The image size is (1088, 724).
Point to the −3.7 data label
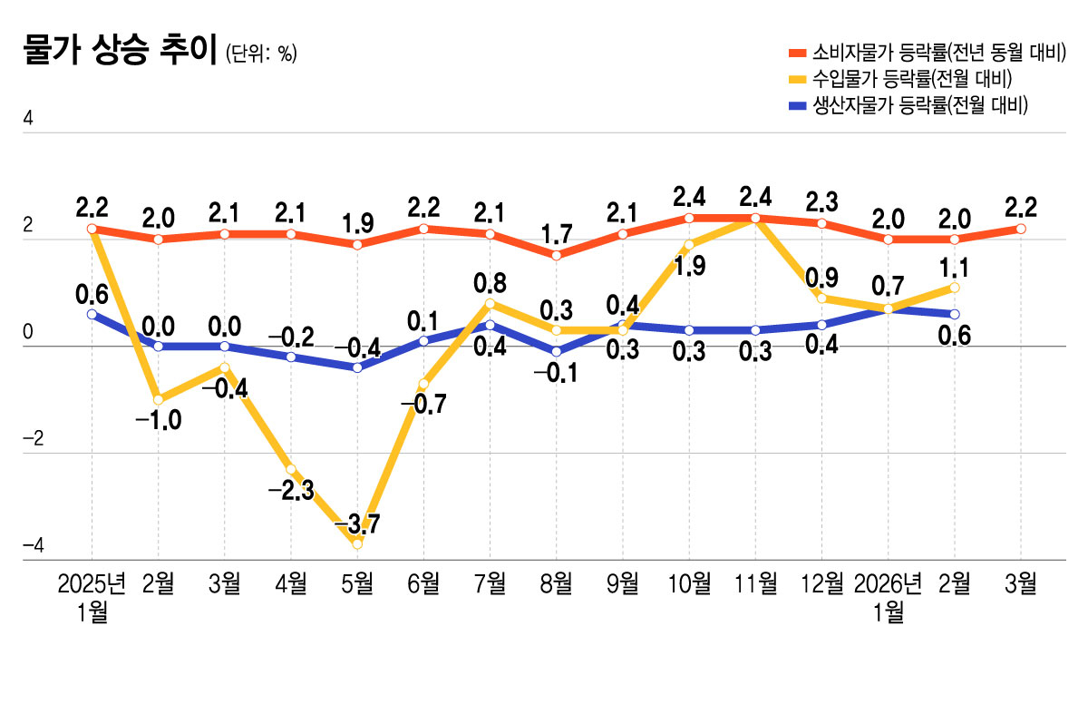point(357,524)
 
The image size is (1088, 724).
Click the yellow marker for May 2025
point(357,544)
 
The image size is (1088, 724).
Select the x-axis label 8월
point(556,583)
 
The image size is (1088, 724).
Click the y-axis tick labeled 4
point(28,119)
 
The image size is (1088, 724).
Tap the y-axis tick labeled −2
point(33,440)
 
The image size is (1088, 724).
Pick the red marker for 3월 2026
point(1021,229)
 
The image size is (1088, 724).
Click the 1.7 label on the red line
point(556,235)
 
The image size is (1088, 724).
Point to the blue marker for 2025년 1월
point(92,314)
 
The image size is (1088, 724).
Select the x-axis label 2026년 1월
point(888,597)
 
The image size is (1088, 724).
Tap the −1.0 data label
point(158,419)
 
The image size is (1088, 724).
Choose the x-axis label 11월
point(755,583)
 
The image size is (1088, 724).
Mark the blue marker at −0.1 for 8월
point(556,352)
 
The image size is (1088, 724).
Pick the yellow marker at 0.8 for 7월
point(490,303)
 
